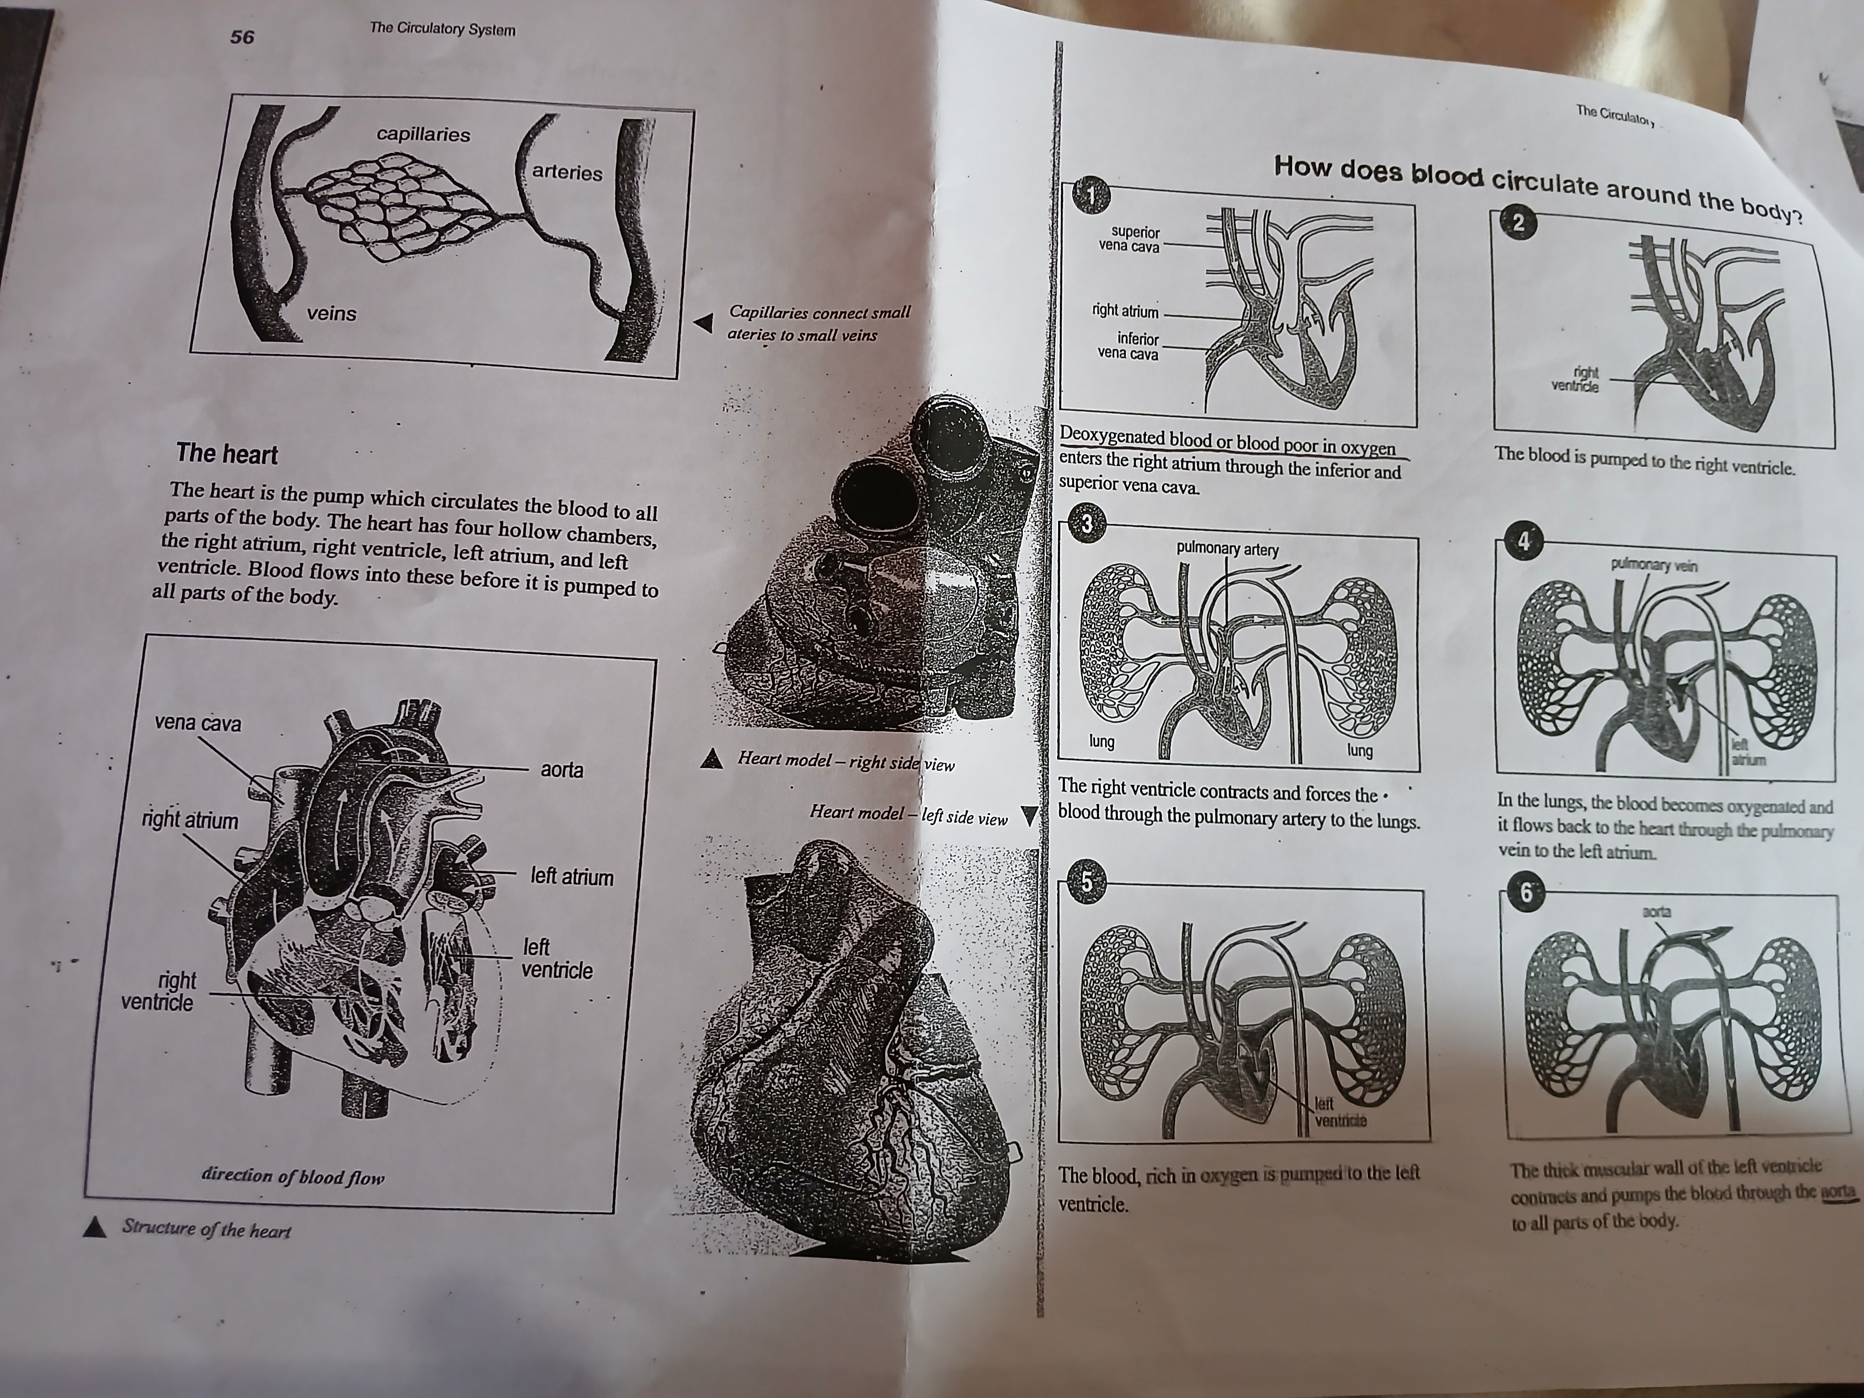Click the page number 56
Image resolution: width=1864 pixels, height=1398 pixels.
(242, 37)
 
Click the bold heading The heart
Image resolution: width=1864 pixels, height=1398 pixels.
(226, 454)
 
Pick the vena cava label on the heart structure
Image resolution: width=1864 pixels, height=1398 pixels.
(197, 724)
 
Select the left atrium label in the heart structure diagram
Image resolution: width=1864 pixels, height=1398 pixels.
(572, 877)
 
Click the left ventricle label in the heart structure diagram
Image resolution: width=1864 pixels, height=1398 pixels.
(556, 959)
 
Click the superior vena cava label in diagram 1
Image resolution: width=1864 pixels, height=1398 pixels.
(1129, 239)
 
